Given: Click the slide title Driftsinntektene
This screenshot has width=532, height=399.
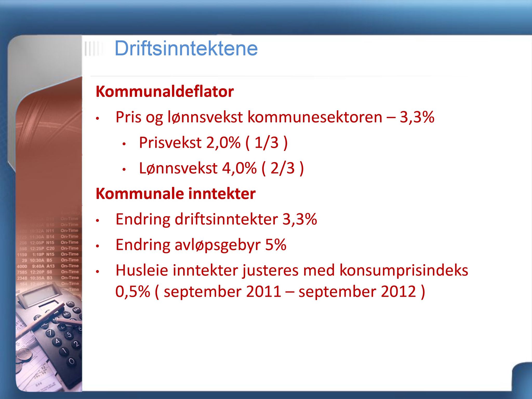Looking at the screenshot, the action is [x=186, y=49].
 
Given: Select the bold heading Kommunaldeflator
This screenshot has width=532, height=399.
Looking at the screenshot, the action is [x=165, y=92].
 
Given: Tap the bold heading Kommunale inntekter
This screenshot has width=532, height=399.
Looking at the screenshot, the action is [x=176, y=194].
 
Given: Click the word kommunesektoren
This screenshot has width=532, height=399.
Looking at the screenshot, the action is [x=315, y=117].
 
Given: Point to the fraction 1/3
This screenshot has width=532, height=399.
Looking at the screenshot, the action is [x=267, y=143].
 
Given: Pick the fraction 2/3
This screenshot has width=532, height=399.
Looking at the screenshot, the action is [x=283, y=168].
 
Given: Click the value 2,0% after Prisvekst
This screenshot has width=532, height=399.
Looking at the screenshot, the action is [x=223, y=143].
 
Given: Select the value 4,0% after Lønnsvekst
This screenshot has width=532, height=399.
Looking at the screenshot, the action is [x=239, y=168].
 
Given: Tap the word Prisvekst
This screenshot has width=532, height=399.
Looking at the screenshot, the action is [x=170, y=143].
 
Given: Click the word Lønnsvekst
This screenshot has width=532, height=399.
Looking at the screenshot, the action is [x=178, y=168].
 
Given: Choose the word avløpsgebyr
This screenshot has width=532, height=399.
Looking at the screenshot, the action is [x=218, y=245].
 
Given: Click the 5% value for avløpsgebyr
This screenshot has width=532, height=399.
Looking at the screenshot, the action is [x=276, y=245].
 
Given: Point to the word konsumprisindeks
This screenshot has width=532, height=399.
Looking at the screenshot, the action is [x=404, y=270].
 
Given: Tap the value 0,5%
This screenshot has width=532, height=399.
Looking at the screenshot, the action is [x=133, y=291].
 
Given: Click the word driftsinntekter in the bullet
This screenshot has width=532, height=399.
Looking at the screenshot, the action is [x=226, y=219].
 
